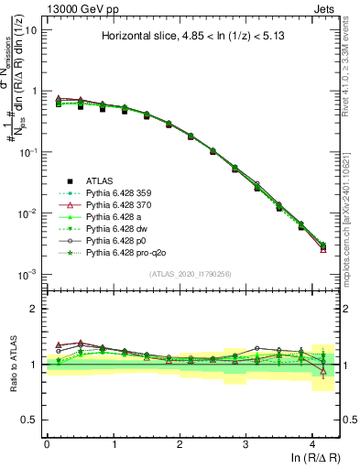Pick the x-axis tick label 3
245,444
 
